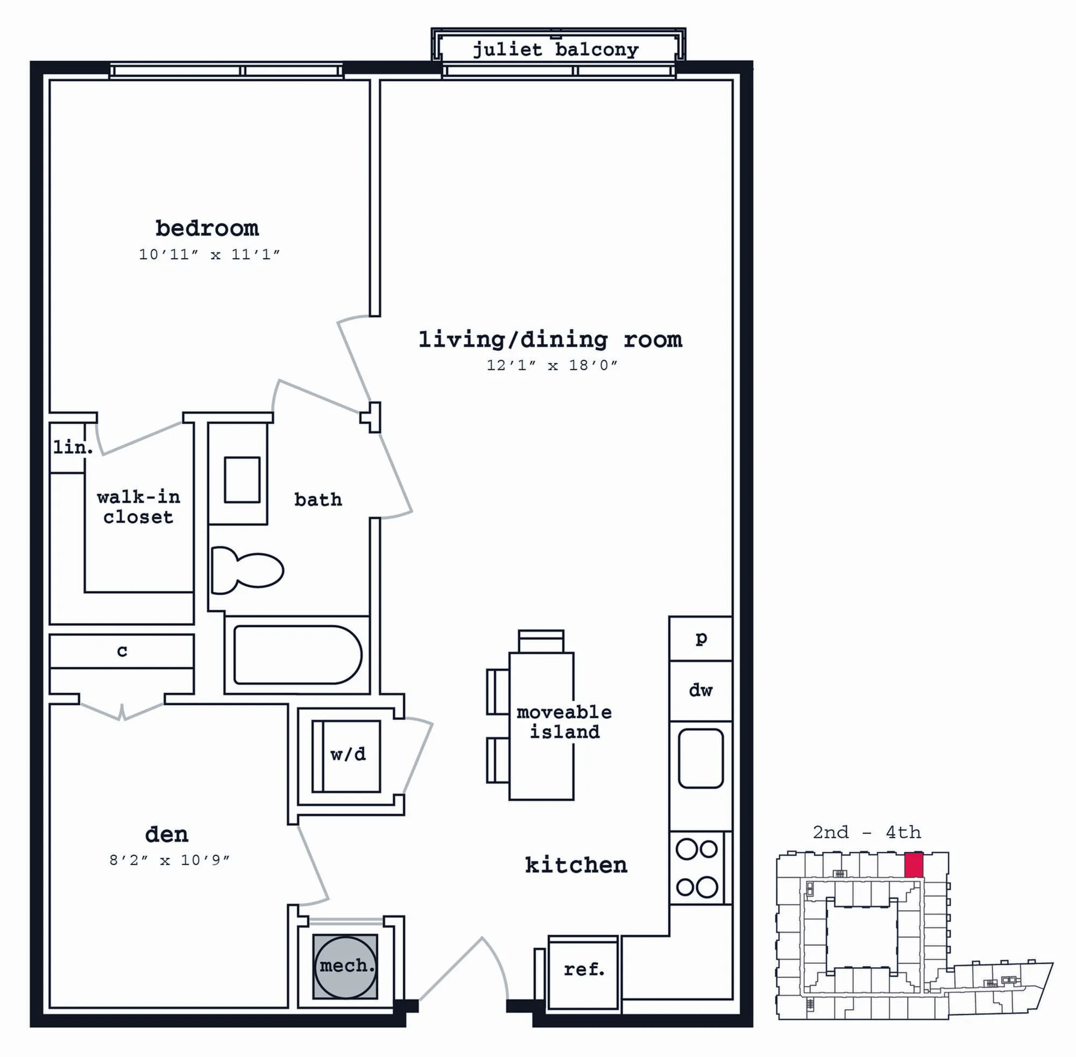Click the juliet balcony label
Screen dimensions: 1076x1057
click(x=556, y=50)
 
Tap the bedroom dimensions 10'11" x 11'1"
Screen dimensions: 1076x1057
click(x=209, y=255)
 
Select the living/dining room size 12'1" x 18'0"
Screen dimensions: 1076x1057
click(x=552, y=365)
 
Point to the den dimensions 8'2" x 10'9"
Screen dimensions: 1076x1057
click(x=169, y=860)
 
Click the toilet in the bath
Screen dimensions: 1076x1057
click(x=247, y=570)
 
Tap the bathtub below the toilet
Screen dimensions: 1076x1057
click(x=298, y=655)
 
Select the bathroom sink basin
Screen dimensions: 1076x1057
click(x=242, y=480)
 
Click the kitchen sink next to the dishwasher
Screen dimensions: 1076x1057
click(x=700, y=758)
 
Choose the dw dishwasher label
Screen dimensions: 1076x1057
click(x=700, y=690)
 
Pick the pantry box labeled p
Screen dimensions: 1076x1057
click(x=700, y=639)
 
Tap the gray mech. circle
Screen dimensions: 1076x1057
click(x=345, y=966)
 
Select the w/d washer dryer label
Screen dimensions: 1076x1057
click(x=348, y=754)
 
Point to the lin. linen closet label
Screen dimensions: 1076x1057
click(x=73, y=447)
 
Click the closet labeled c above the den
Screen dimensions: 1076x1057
click(x=122, y=651)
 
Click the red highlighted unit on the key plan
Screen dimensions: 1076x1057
click(x=914, y=866)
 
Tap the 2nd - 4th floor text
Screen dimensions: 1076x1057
click(x=867, y=832)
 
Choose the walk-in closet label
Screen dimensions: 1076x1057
click(x=138, y=507)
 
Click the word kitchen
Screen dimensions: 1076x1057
click(x=576, y=865)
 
